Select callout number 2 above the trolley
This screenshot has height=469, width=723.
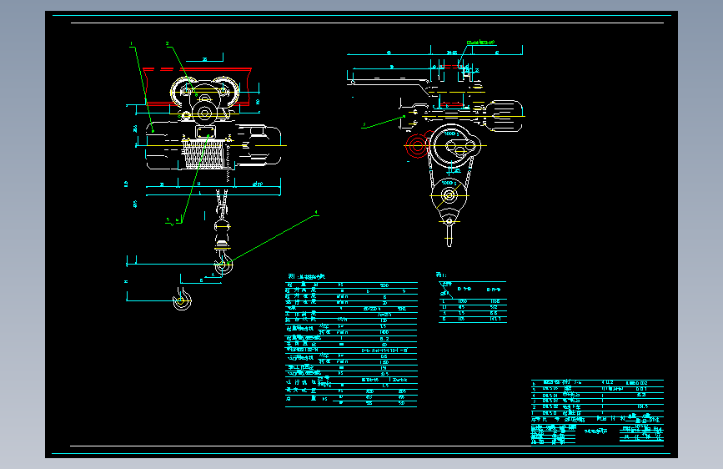(x=167, y=43)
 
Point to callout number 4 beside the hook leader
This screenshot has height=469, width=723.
(x=317, y=214)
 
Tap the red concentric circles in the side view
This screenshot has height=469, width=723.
(x=414, y=149)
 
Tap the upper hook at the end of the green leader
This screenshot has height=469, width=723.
(x=223, y=265)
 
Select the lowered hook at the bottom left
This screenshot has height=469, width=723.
(x=181, y=300)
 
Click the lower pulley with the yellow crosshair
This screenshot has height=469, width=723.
(x=449, y=196)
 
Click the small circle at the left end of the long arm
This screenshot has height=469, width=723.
(x=354, y=82)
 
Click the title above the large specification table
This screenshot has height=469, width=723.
(x=305, y=276)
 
